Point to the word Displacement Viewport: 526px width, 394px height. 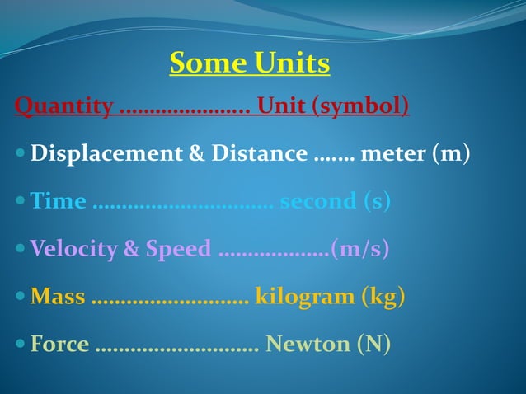click(x=102, y=153)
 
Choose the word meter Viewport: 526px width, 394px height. click(x=395, y=153)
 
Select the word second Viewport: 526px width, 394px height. click(x=317, y=201)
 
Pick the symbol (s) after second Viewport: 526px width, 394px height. click(x=377, y=201)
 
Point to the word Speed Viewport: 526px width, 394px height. click(x=178, y=249)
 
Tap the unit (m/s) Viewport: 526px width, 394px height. click(x=359, y=249)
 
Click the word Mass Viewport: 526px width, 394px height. click(x=58, y=296)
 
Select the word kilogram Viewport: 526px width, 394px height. click(x=304, y=296)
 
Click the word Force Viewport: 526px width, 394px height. click(x=59, y=344)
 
